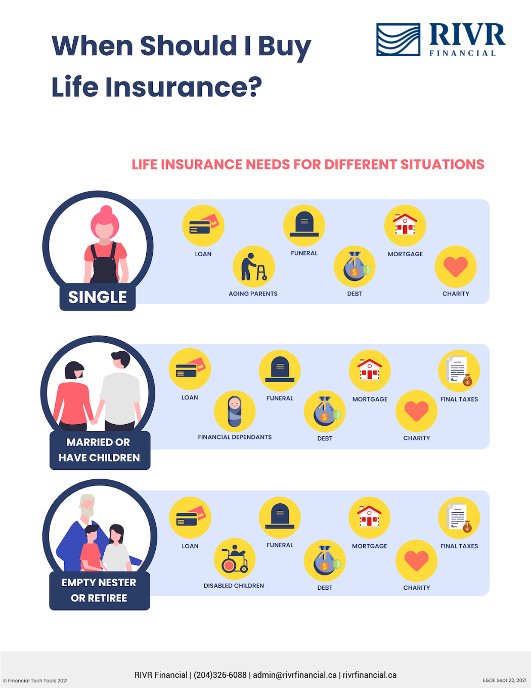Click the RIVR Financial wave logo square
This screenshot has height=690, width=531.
pos(398,39)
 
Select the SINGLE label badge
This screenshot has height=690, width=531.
pos(98,297)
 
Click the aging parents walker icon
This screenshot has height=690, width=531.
pos(254,267)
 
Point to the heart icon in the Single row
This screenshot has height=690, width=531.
pos(456,267)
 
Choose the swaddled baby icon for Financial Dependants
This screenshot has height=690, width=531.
pos(235,411)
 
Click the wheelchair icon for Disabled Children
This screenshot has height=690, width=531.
pos(235,559)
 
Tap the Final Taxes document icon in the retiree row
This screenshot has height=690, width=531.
pos(459,517)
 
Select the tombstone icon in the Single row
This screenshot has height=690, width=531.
pos(304,225)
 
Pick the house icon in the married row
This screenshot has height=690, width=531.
pos(370,371)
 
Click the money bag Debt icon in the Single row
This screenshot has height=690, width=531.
pos(355,267)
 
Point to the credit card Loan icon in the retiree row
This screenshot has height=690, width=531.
pos(190,517)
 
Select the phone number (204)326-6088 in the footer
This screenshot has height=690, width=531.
pos(220,675)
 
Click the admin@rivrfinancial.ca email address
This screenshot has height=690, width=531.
pos(295,675)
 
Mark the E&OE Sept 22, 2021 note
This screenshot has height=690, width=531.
pos(504,680)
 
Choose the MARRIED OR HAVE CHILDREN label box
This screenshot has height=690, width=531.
pos(100,450)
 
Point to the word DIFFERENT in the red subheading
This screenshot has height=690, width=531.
pos(361,165)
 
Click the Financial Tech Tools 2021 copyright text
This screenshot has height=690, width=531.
pos(35,680)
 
